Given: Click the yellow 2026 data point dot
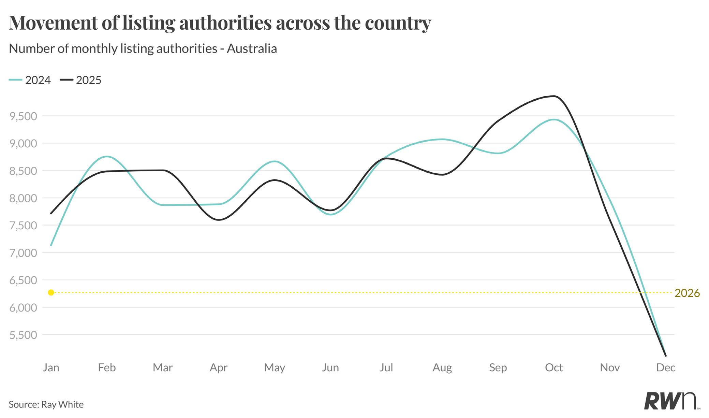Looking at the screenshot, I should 51,292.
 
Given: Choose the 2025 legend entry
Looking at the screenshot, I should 81,80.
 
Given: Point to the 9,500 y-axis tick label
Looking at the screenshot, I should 23,116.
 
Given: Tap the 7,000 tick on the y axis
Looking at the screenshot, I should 23,253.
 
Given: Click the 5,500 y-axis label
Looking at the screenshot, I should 23,335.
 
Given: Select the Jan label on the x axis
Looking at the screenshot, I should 51,367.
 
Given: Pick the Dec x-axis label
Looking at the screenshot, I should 665,367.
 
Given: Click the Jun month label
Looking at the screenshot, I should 330,367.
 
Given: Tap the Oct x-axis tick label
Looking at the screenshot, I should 553,367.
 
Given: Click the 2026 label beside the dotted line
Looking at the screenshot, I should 687,293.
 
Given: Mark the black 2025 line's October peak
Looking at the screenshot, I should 554,96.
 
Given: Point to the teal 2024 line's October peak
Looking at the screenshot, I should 553,119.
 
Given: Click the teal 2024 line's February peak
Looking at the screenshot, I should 107,156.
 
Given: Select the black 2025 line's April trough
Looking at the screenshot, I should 219,220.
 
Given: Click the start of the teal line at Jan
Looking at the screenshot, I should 51,245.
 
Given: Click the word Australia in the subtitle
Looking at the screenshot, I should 252,48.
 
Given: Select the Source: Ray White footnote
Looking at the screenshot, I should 46,404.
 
